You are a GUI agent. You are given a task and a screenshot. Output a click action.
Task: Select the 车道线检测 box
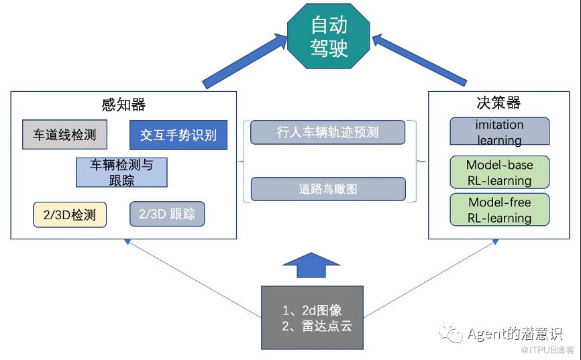coord(65,135)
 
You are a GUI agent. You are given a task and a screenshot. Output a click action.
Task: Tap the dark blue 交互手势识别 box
coord(178,135)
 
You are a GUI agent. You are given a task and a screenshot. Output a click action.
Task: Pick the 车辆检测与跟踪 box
coord(121,172)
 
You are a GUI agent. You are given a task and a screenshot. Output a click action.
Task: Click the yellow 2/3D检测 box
coord(70,215)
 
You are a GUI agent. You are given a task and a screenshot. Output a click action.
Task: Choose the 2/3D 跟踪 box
coord(167,215)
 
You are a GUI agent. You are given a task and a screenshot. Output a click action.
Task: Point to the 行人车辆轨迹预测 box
coord(328,132)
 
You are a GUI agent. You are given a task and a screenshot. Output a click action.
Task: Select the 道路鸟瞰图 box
coord(328,189)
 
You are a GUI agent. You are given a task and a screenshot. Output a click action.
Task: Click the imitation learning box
coord(499,131)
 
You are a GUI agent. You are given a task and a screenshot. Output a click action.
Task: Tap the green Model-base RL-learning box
coord(499,172)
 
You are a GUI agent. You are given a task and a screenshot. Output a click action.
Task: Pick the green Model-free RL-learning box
coord(499,210)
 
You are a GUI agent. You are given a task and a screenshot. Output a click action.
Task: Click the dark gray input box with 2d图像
coord(312,317)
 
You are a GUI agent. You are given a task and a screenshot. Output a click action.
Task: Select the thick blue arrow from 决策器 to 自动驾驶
coord(419,60)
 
